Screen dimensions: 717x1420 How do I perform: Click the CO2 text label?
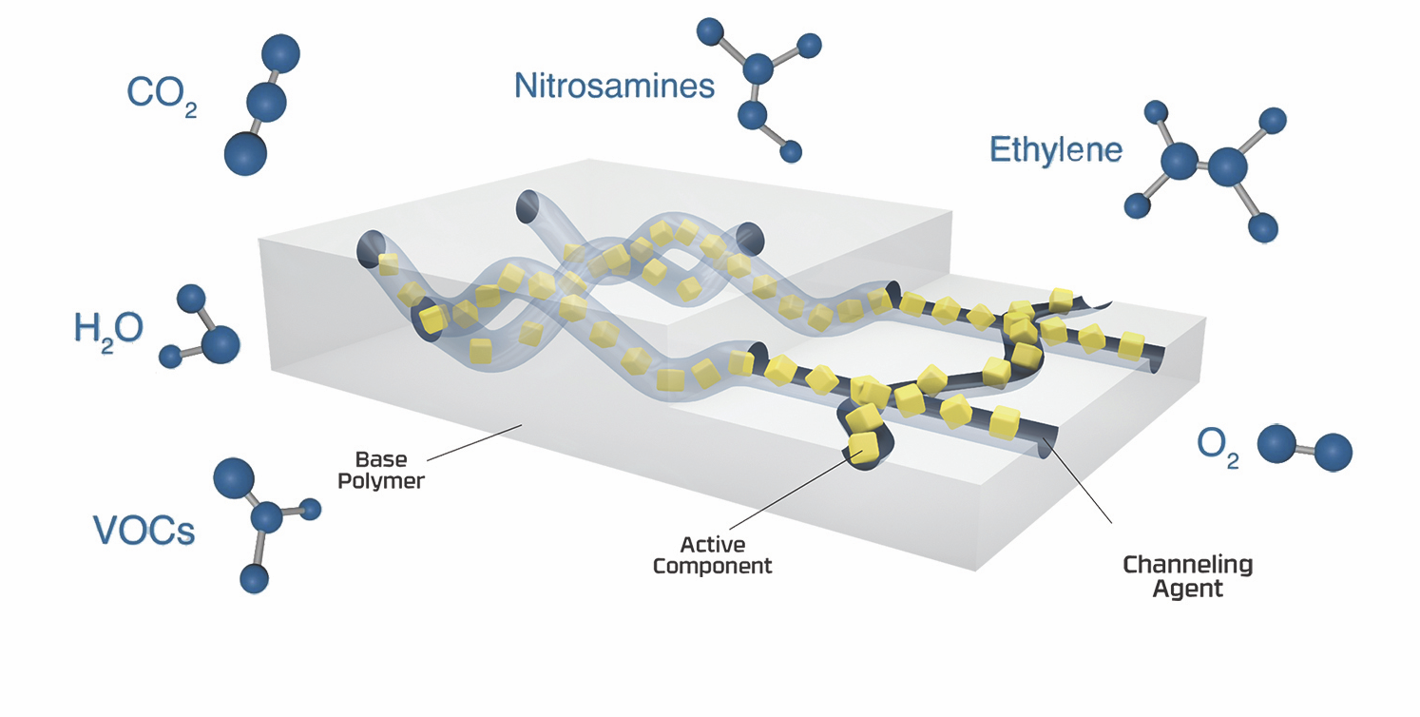(161, 94)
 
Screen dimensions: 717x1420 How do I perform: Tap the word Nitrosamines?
(613, 87)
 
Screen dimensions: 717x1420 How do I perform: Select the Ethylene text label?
(1056, 150)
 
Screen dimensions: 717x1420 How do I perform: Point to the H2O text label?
(108, 329)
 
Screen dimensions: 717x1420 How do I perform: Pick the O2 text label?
(1218, 447)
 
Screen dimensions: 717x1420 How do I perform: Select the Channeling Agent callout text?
(1188, 576)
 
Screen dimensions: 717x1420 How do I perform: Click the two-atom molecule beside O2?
(1304, 449)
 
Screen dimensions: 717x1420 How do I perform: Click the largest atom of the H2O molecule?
(221, 342)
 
